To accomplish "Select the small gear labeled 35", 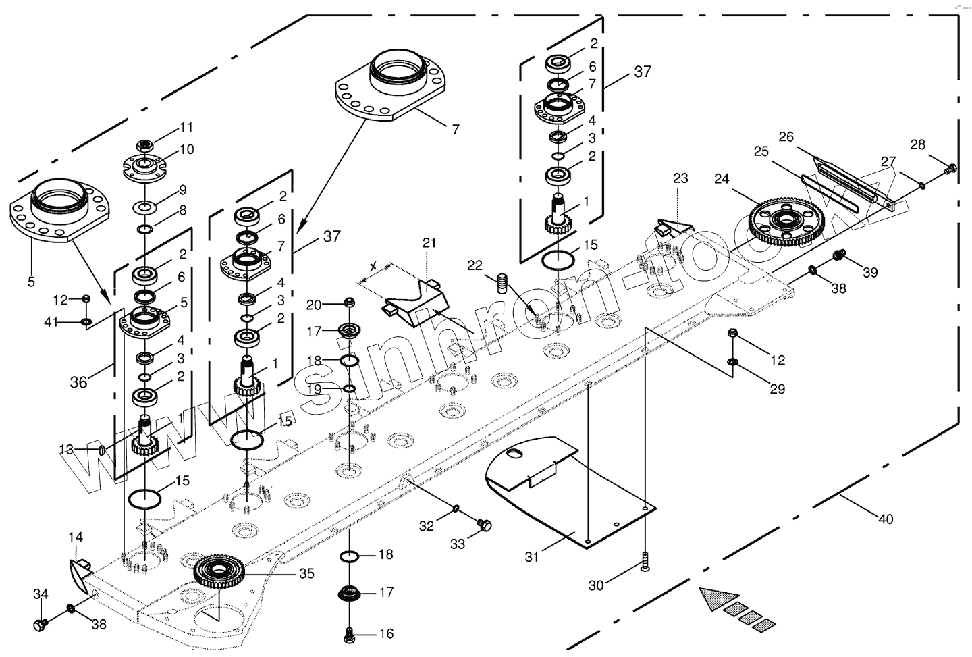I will tap(221, 573).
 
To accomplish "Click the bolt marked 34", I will tap(40, 625).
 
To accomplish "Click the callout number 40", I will tap(886, 519).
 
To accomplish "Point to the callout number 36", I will tap(78, 382).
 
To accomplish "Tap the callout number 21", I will tap(430, 242).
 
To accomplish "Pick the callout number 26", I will tap(786, 137).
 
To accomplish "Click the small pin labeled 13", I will tap(100, 450).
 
